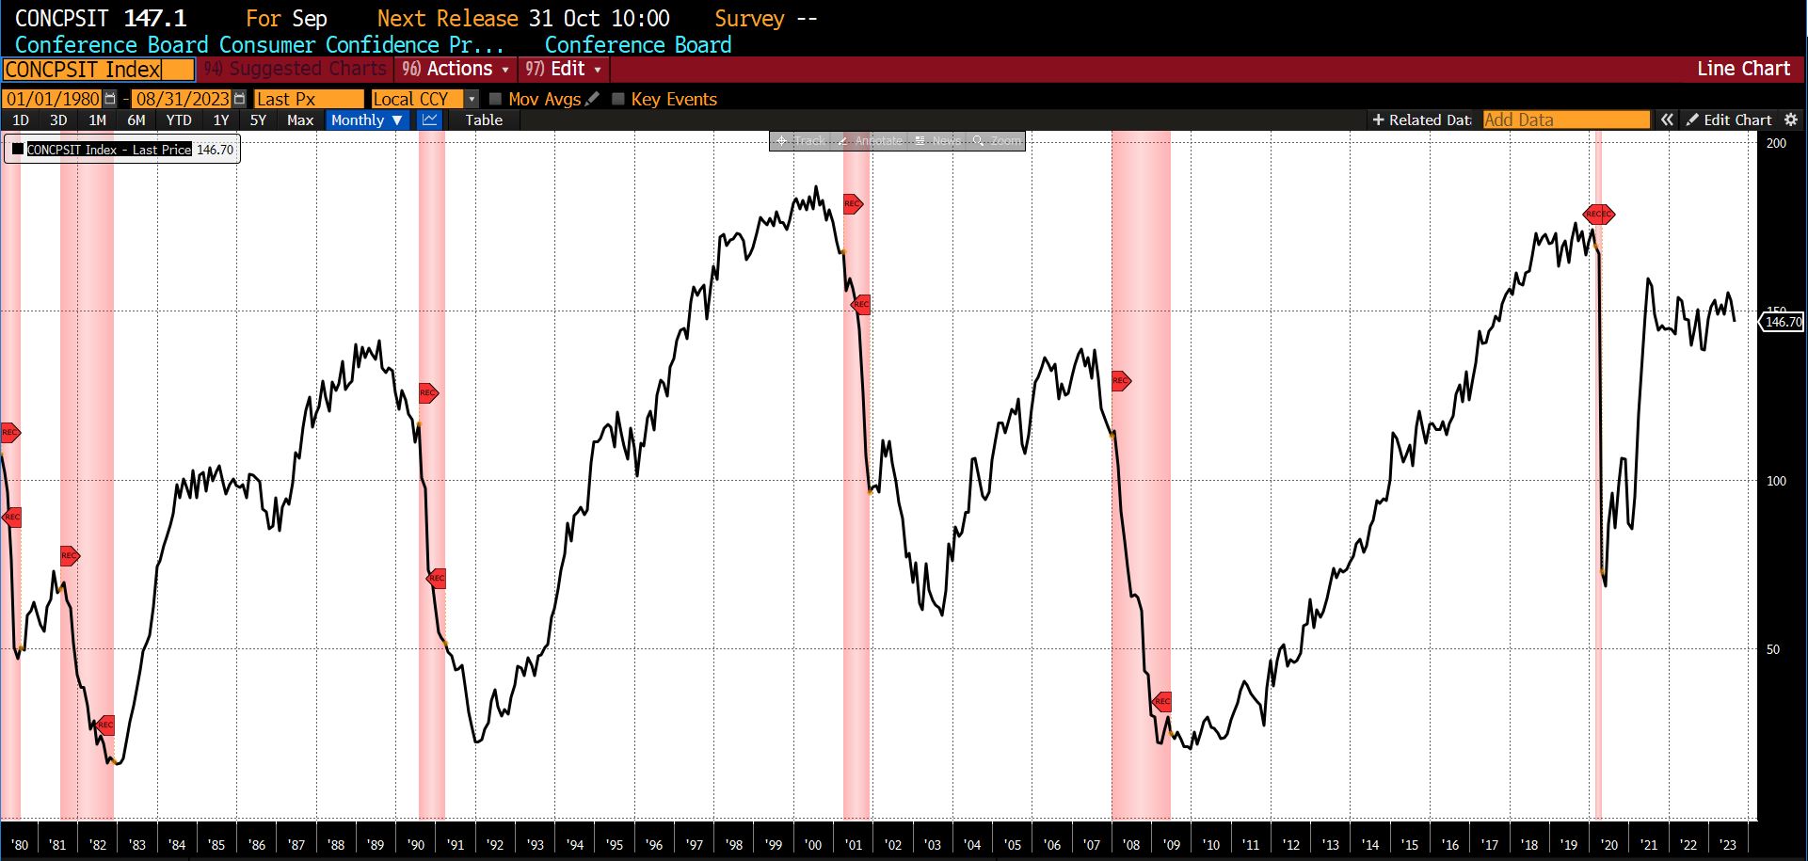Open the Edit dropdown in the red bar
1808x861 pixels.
(x=564, y=69)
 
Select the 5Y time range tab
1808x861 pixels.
(x=258, y=120)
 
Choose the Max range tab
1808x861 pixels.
(x=300, y=120)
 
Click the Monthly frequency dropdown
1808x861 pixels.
(x=366, y=120)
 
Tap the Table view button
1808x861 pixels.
(x=484, y=120)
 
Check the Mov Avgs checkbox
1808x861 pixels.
(x=496, y=99)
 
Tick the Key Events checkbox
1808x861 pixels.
(x=618, y=99)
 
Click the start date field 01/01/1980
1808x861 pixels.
(x=53, y=99)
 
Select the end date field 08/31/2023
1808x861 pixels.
(x=182, y=99)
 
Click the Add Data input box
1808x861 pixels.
(x=1565, y=120)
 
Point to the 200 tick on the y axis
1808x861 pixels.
(x=1776, y=143)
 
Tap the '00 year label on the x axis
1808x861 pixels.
(x=814, y=845)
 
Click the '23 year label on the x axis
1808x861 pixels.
(x=1728, y=845)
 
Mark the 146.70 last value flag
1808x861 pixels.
(x=1783, y=322)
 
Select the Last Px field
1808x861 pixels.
(x=308, y=99)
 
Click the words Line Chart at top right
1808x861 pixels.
(x=1743, y=69)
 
